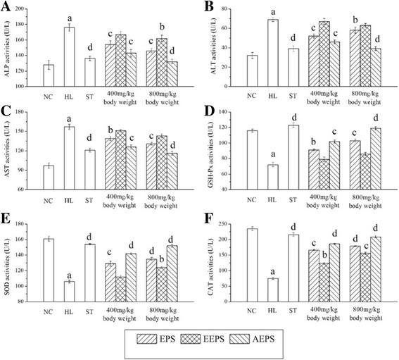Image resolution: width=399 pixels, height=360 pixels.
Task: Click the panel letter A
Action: pyautogui.click(x=6, y=7)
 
